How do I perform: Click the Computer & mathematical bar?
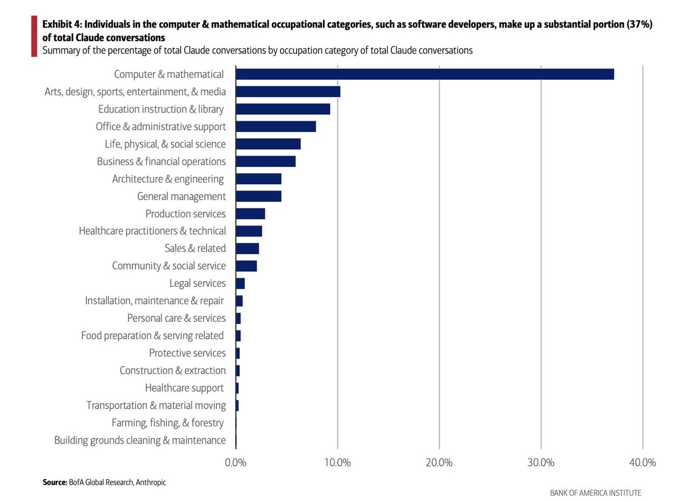tap(425, 74)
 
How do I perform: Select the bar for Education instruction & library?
tap(283, 109)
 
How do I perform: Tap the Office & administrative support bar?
tap(275, 126)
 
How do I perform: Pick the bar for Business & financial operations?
tap(266, 161)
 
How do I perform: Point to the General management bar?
tap(258, 196)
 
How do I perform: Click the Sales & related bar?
tap(247, 248)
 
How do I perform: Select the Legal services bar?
tap(240, 283)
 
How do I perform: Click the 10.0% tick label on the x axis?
tap(337, 462)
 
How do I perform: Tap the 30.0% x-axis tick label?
tap(541, 462)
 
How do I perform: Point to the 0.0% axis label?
tap(236, 462)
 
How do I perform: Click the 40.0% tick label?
tap(643, 462)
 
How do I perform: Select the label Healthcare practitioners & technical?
tap(152, 231)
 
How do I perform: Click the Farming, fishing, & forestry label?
tap(168, 423)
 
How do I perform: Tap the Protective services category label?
tap(187, 353)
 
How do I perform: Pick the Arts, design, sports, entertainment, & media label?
tap(135, 91)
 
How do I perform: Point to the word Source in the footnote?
tap(55, 482)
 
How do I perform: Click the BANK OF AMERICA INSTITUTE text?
tap(595, 493)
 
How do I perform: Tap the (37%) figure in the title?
tap(638, 25)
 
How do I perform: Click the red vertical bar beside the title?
tap(34, 36)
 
